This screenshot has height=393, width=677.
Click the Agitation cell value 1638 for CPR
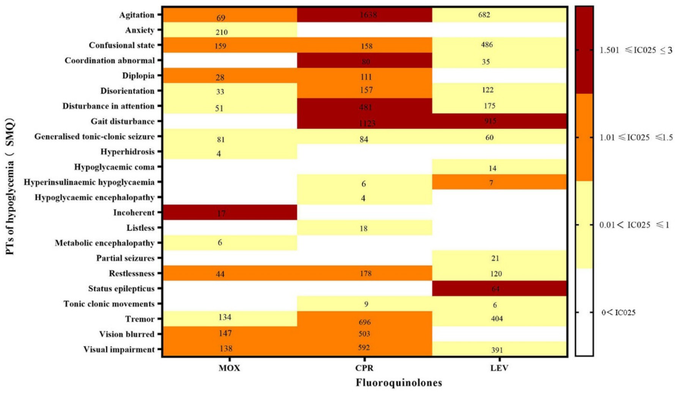(365, 15)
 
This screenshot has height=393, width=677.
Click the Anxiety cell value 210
(221, 32)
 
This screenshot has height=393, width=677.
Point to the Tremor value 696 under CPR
(365, 322)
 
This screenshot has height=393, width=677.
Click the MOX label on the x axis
(229, 368)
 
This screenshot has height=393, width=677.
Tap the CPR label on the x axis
(364, 368)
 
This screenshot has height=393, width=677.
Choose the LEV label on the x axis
(499, 368)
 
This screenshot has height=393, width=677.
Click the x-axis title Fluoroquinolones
(399, 383)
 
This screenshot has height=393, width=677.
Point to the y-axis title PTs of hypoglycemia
(10, 186)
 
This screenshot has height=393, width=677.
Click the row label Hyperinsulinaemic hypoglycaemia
(89, 182)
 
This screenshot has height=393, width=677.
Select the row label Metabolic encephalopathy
(105, 243)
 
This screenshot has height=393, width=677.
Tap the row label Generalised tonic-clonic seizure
(94, 137)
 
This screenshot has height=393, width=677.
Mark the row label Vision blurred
(127, 334)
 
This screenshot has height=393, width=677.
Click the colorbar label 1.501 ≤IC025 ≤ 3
(636, 50)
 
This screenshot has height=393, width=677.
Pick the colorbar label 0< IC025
(618, 313)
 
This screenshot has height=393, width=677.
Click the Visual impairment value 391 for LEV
(497, 350)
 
